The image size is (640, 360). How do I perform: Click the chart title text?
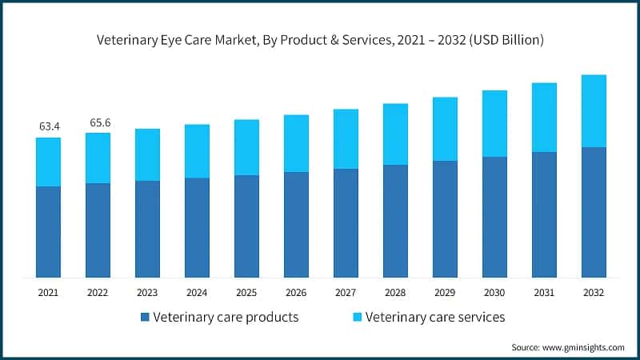(320, 41)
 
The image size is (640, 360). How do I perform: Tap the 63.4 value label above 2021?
(49, 126)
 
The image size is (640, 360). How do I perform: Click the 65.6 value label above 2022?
(98, 122)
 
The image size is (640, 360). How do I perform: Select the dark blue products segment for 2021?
(49, 232)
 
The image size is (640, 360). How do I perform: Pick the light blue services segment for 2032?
(594, 111)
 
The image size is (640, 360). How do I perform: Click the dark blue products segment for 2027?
(346, 223)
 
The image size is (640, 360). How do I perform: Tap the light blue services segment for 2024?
(198, 151)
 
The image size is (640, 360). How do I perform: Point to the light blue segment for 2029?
(445, 129)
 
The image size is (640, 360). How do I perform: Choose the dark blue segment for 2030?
(494, 217)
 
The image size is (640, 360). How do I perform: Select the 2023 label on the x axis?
(148, 292)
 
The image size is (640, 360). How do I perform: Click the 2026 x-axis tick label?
(296, 292)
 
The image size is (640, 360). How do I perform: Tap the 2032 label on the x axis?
(594, 292)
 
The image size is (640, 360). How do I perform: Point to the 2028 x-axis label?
(395, 292)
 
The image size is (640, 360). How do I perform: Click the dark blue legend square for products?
(145, 318)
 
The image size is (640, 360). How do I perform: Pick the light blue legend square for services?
(357, 318)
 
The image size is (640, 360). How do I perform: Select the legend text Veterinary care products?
(226, 317)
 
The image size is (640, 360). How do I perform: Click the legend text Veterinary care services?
(435, 317)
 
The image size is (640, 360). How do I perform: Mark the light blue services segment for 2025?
(246, 147)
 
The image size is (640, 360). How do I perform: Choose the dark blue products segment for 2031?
(544, 214)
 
